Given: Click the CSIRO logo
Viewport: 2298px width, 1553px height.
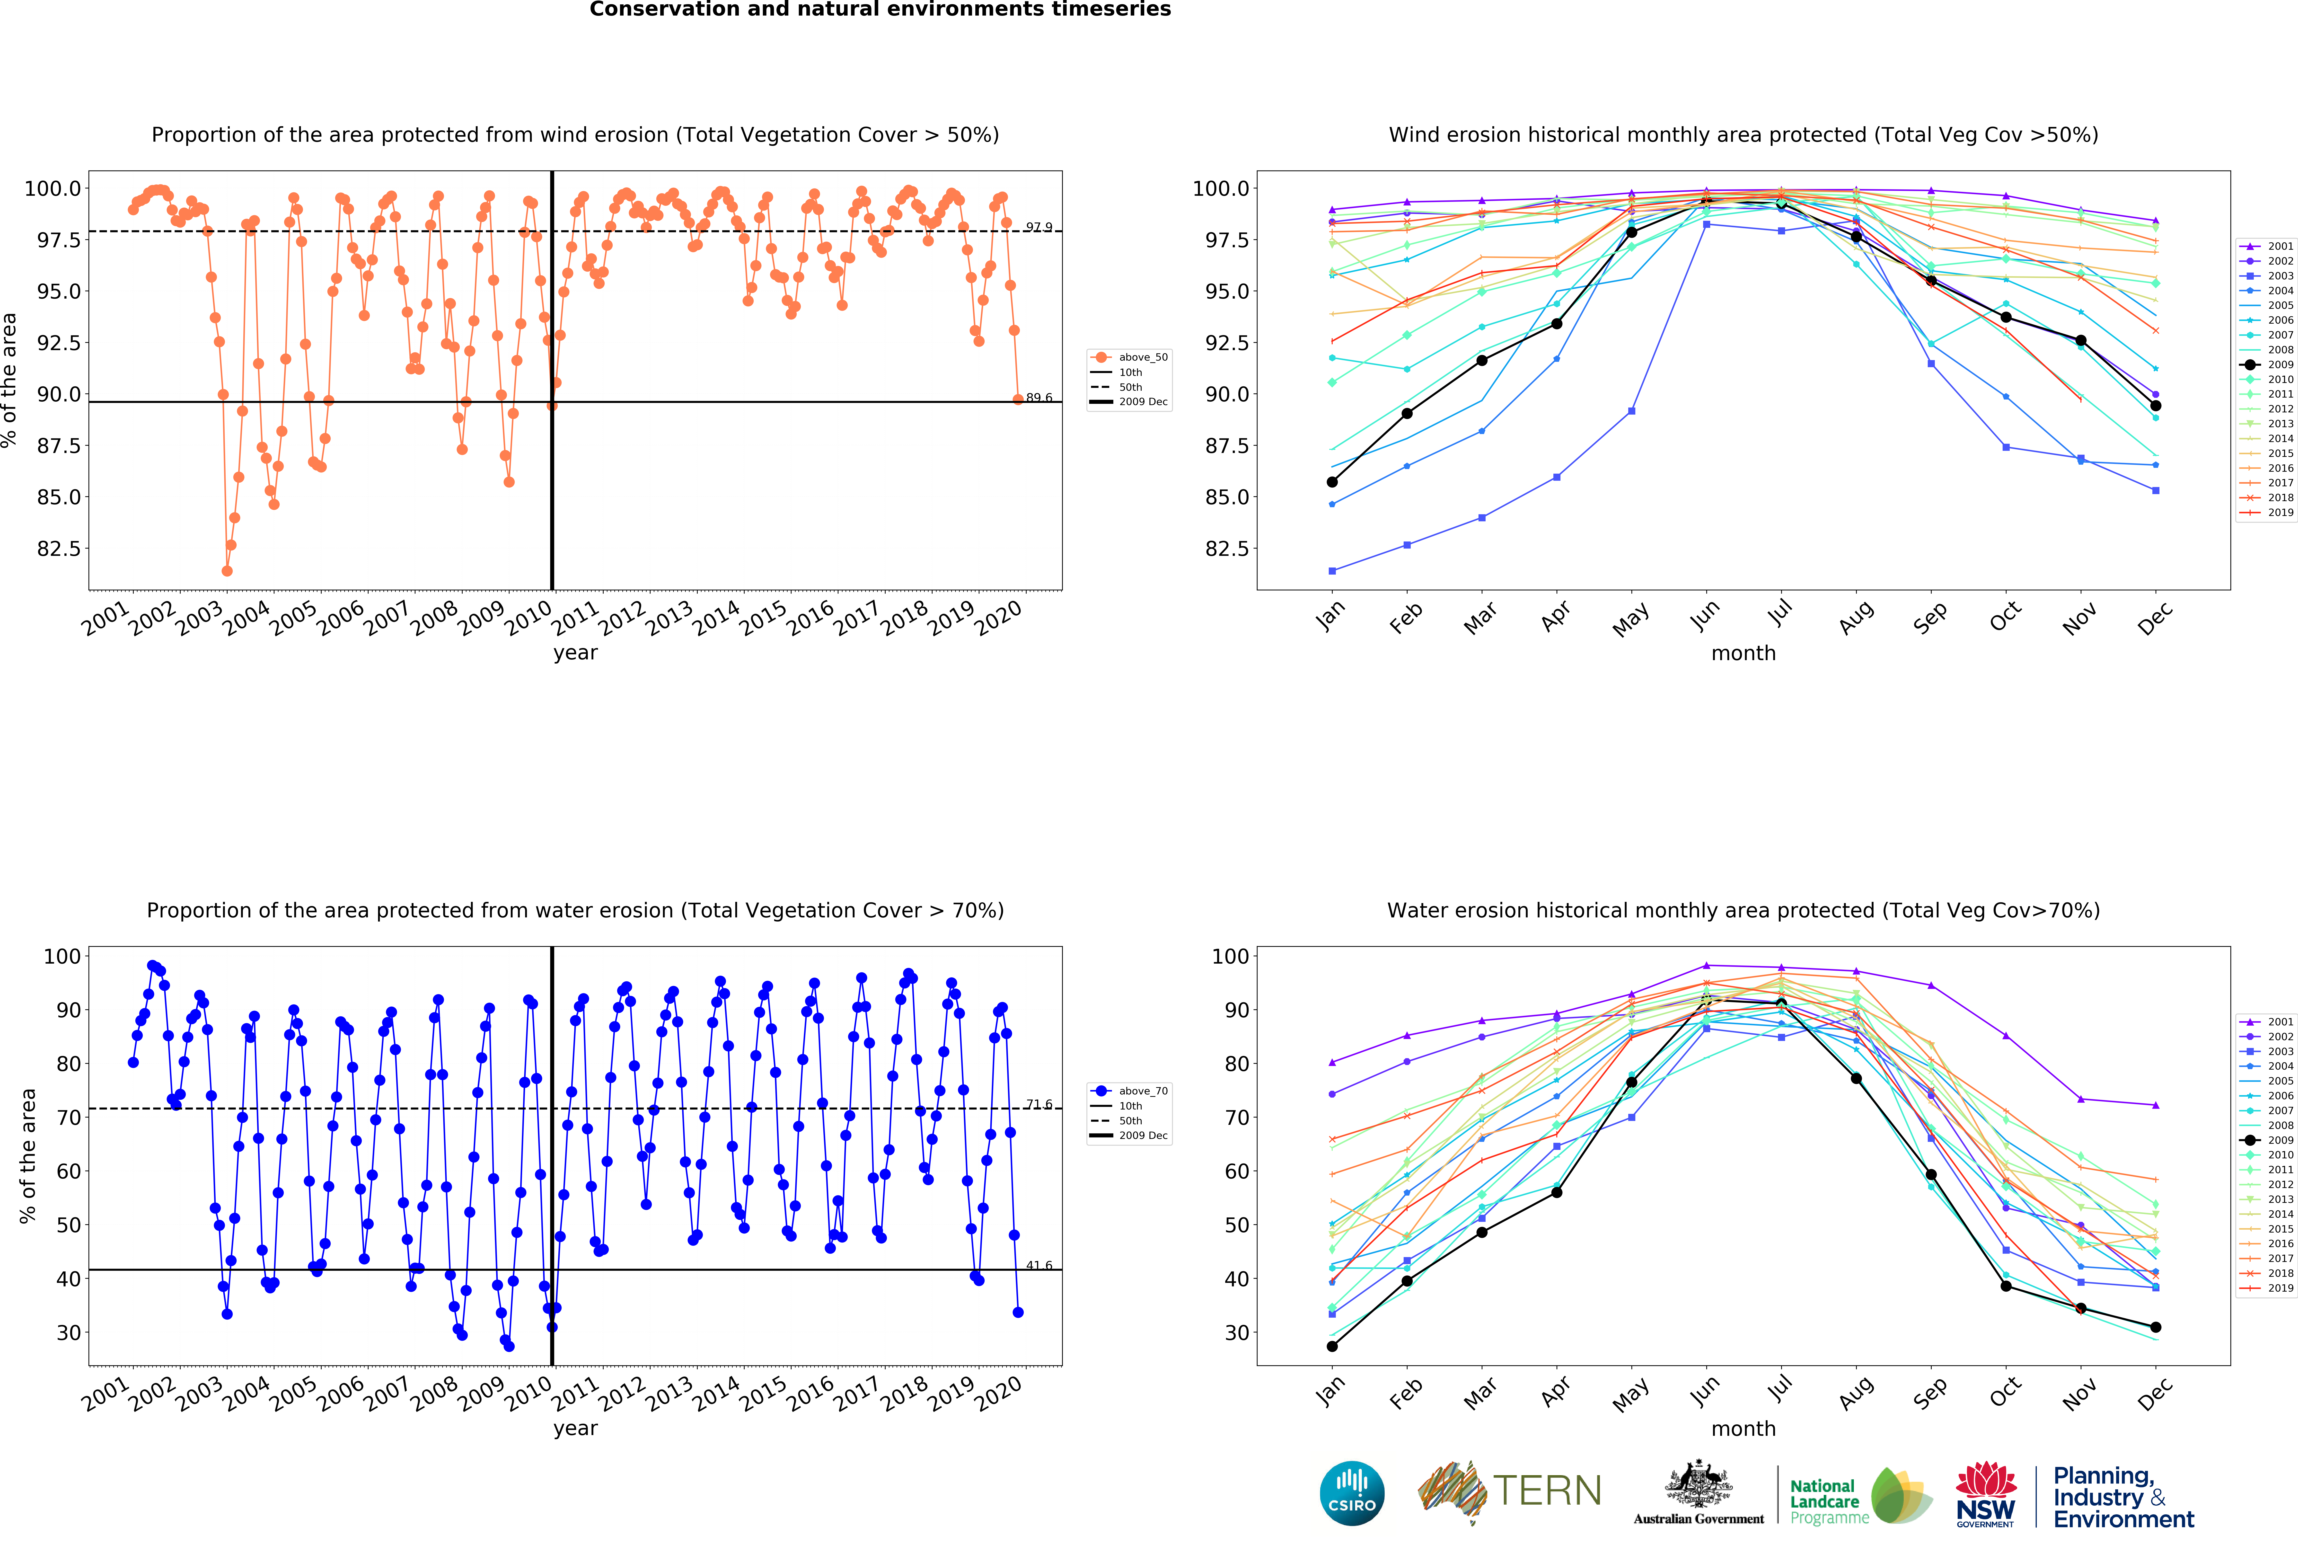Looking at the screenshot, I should pyautogui.click(x=1352, y=1493).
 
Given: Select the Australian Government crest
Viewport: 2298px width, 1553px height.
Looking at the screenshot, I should pyautogui.click(x=1698, y=1484).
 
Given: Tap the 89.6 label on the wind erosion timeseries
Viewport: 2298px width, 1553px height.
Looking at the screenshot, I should pyautogui.click(x=1038, y=398).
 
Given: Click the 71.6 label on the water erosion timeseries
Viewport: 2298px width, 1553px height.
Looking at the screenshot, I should pyautogui.click(x=1038, y=1104).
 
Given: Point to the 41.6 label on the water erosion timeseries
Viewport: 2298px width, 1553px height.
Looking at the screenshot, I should pyautogui.click(x=1038, y=1265).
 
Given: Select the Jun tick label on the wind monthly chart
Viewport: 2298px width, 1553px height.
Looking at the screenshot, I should pyautogui.click(x=1705, y=615).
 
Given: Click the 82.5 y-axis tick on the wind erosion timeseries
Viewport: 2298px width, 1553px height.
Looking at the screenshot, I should pyautogui.click(x=57, y=548).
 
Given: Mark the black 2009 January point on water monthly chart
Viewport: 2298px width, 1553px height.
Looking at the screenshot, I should pyautogui.click(x=1332, y=1346).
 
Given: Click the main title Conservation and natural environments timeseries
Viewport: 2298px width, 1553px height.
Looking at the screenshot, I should pyautogui.click(x=880, y=10).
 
